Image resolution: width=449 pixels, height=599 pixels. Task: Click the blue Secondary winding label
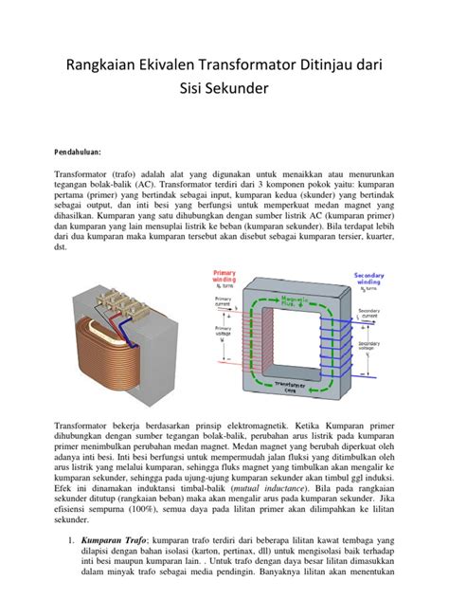click(x=368, y=279)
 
